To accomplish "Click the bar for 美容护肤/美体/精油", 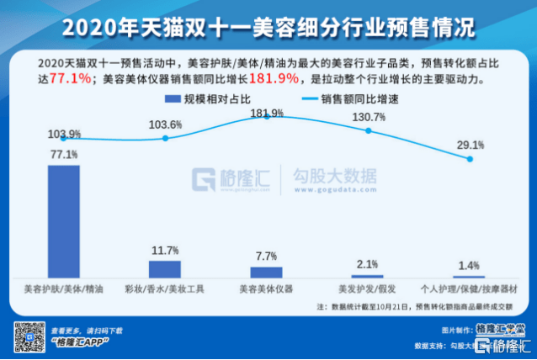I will pyautogui.click(x=64, y=220).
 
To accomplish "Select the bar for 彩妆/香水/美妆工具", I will pyautogui.click(x=165, y=268).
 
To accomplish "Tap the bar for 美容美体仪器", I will pyautogui.click(x=266, y=272).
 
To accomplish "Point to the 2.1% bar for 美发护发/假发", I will pyautogui.click(x=367, y=275).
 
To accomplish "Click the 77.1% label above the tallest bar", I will pyautogui.click(x=64, y=155).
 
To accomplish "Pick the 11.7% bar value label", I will pyautogui.click(x=165, y=251).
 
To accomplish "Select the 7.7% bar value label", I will pyautogui.click(x=266, y=257).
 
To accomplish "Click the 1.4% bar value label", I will pyautogui.click(x=468, y=266).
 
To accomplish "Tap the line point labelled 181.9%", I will pyautogui.click(x=267, y=115).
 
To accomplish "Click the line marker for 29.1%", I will pyautogui.click(x=470, y=158).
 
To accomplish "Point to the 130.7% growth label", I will pyautogui.click(x=369, y=118).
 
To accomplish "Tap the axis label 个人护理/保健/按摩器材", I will pyautogui.click(x=468, y=289).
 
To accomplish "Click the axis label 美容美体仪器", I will pyautogui.click(x=266, y=289).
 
